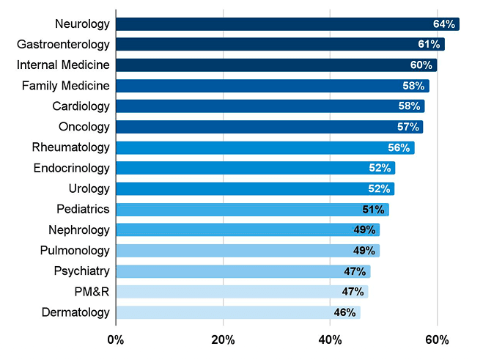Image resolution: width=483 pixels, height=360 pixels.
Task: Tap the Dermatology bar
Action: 238,312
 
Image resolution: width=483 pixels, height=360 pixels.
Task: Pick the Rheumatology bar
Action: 265,147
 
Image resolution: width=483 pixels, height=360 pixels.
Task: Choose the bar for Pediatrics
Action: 252,210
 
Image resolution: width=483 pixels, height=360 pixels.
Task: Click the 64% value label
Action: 444,24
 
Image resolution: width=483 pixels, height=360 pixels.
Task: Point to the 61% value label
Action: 429,45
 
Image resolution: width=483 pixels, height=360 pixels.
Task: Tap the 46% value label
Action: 344,312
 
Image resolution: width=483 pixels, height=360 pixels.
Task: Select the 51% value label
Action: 374,210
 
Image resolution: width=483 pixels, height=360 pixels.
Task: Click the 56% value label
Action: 399,147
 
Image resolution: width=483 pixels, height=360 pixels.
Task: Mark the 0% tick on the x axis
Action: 116,339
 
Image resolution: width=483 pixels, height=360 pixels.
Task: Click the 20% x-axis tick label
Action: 223,339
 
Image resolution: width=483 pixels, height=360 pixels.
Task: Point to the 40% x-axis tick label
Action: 330,339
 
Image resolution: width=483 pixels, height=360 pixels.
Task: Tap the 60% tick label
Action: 437,339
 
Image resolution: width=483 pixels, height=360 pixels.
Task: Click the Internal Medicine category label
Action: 64,65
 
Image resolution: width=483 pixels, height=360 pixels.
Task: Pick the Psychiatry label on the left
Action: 81,271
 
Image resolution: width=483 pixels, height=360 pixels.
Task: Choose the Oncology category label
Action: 84,127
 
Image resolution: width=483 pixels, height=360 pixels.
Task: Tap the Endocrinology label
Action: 71,168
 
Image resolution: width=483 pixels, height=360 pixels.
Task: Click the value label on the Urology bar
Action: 380,188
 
